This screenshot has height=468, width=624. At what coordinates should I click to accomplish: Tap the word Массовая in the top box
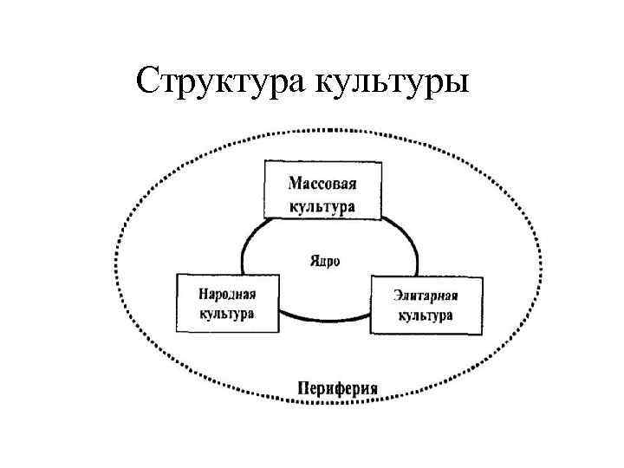[x=322, y=184]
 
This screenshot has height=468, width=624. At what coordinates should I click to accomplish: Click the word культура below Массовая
[x=322, y=207]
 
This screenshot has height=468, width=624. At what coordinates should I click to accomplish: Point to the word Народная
[x=227, y=293]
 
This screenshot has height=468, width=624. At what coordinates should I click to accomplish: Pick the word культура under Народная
[x=227, y=313]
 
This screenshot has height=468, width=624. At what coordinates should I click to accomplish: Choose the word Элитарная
[x=426, y=296]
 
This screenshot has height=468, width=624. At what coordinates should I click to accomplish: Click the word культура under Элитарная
[x=426, y=315]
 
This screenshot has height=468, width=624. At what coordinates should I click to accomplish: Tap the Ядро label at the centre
[x=324, y=259]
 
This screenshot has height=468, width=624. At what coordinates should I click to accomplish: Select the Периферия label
[x=337, y=387]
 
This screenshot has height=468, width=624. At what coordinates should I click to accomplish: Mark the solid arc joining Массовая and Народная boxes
[x=250, y=243]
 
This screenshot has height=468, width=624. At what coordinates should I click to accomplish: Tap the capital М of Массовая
[x=294, y=184]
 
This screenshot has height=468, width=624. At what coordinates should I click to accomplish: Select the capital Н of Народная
[x=204, y=293]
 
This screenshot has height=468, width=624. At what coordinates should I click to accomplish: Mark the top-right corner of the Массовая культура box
[x=380, y=161]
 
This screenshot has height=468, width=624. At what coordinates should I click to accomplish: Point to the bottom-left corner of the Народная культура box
[x=177, y=332]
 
